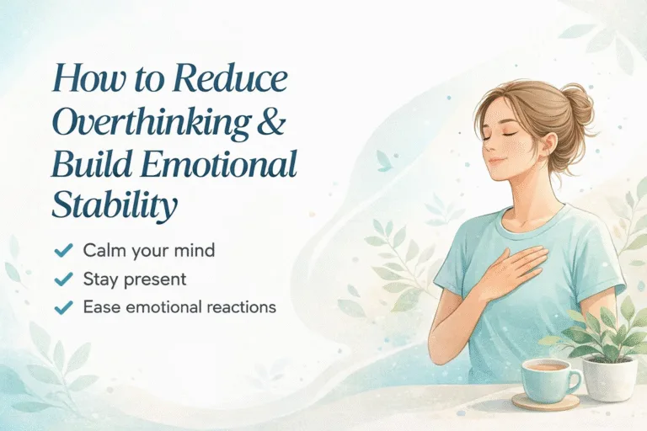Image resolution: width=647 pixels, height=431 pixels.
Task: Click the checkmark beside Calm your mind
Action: coord(61,250)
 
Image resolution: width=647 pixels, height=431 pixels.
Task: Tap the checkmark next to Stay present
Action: coord(61,279)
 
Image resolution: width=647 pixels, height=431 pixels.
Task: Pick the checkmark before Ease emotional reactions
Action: coord(61,307)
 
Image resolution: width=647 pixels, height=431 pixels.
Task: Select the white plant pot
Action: coord(610,377)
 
